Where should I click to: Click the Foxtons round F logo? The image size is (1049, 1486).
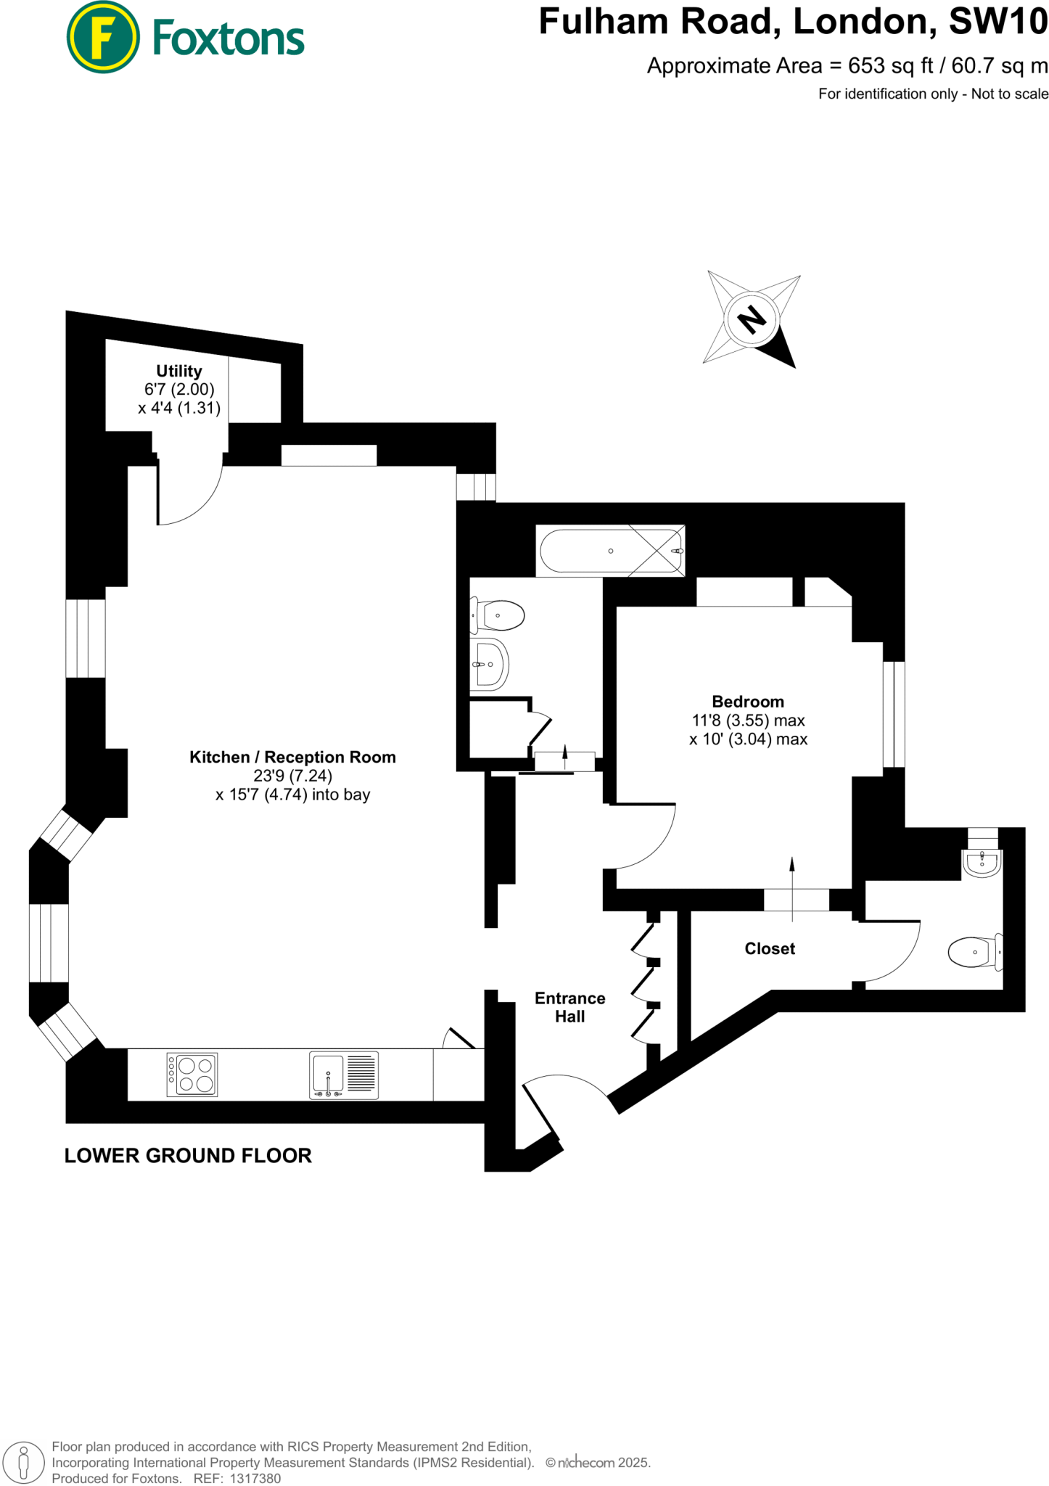(102, 37)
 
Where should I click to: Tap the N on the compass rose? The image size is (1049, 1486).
(752, 319)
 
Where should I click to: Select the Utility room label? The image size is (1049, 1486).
(179, 371)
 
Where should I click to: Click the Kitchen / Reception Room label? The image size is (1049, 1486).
(292, 757)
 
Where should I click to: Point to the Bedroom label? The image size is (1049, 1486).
(748, 702)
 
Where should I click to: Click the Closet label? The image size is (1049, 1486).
(770, 948)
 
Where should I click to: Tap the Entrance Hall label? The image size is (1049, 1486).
(569, 1007)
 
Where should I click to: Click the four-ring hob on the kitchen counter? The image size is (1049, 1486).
(192, 1075)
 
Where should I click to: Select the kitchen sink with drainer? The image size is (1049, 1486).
(344, 1075)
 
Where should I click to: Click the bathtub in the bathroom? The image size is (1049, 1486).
(610, 551)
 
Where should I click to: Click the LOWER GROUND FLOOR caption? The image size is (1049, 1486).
(188, 1156)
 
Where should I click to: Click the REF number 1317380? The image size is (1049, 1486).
(255, 1478)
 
